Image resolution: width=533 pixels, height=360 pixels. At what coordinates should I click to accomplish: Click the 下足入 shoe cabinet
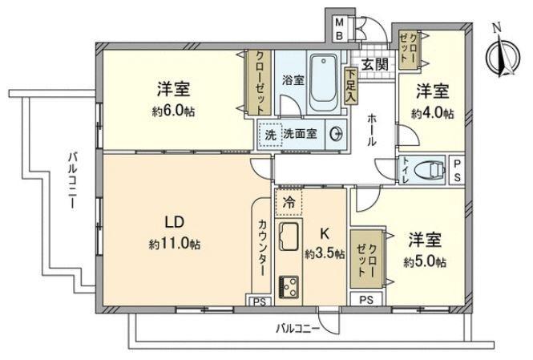pos(351,84)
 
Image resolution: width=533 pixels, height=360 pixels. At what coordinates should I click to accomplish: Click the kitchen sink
pos(289,238)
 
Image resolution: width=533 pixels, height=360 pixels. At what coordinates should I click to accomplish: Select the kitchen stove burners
pos(289,286)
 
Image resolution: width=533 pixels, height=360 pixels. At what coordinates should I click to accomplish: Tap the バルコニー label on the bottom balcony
pos(298,329)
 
